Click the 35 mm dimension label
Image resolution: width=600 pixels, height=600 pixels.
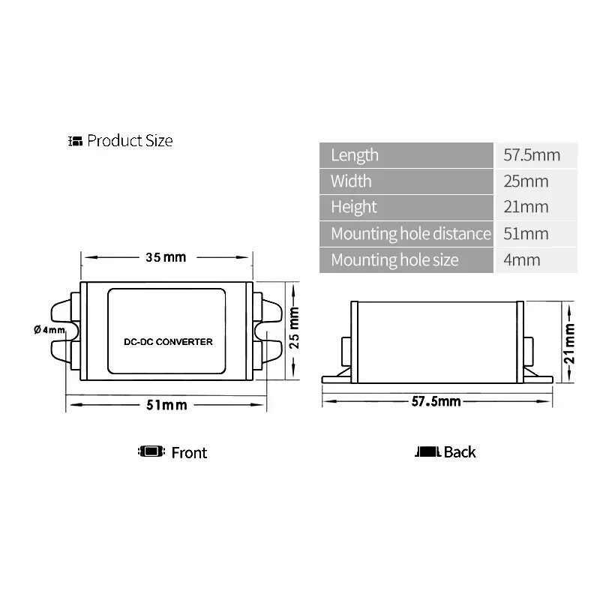[166, 257]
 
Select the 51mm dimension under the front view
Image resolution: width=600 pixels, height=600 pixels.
[166, 405]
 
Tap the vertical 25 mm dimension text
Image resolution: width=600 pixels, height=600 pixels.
[294, 328]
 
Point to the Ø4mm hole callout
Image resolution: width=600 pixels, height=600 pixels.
[49, 329]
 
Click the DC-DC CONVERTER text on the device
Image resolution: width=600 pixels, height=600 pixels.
[168, 342]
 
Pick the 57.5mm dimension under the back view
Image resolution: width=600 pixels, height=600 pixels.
[436, 401]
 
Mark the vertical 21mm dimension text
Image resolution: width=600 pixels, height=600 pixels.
[569, 343]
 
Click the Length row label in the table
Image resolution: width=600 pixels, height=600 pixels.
[355, 155]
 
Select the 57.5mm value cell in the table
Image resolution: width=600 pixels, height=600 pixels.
[532, 155]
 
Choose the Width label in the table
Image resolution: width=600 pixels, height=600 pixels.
[351, 181]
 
